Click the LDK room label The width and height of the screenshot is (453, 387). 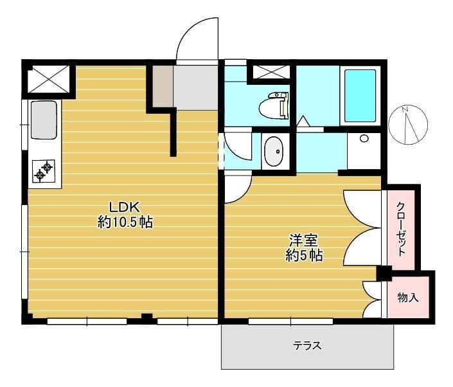click(124, 207)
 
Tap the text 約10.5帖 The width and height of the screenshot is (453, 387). click(125, 222)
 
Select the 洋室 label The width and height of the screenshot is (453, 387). click(304, 240)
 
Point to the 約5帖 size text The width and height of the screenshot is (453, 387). click(304, 255)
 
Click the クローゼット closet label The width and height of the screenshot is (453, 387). click(401, 229)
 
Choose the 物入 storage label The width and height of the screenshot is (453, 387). click(408, 297)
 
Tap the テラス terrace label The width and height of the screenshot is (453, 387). click(307, 345)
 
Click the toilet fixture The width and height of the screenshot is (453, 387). click(274, 105)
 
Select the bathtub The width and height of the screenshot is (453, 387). click(360, 96)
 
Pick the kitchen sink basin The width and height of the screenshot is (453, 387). click(44, 120)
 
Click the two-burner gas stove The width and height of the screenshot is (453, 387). click(44, 171)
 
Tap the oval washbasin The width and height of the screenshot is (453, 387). click(274, 152)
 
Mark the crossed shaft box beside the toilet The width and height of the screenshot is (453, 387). click(271, 72)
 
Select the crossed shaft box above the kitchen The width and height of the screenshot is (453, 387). click(48, 79)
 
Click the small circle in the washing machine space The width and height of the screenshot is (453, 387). click(364, 138)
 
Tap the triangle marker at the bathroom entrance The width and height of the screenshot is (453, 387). click(303, 121)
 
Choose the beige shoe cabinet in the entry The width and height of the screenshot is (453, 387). click(163, 86)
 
